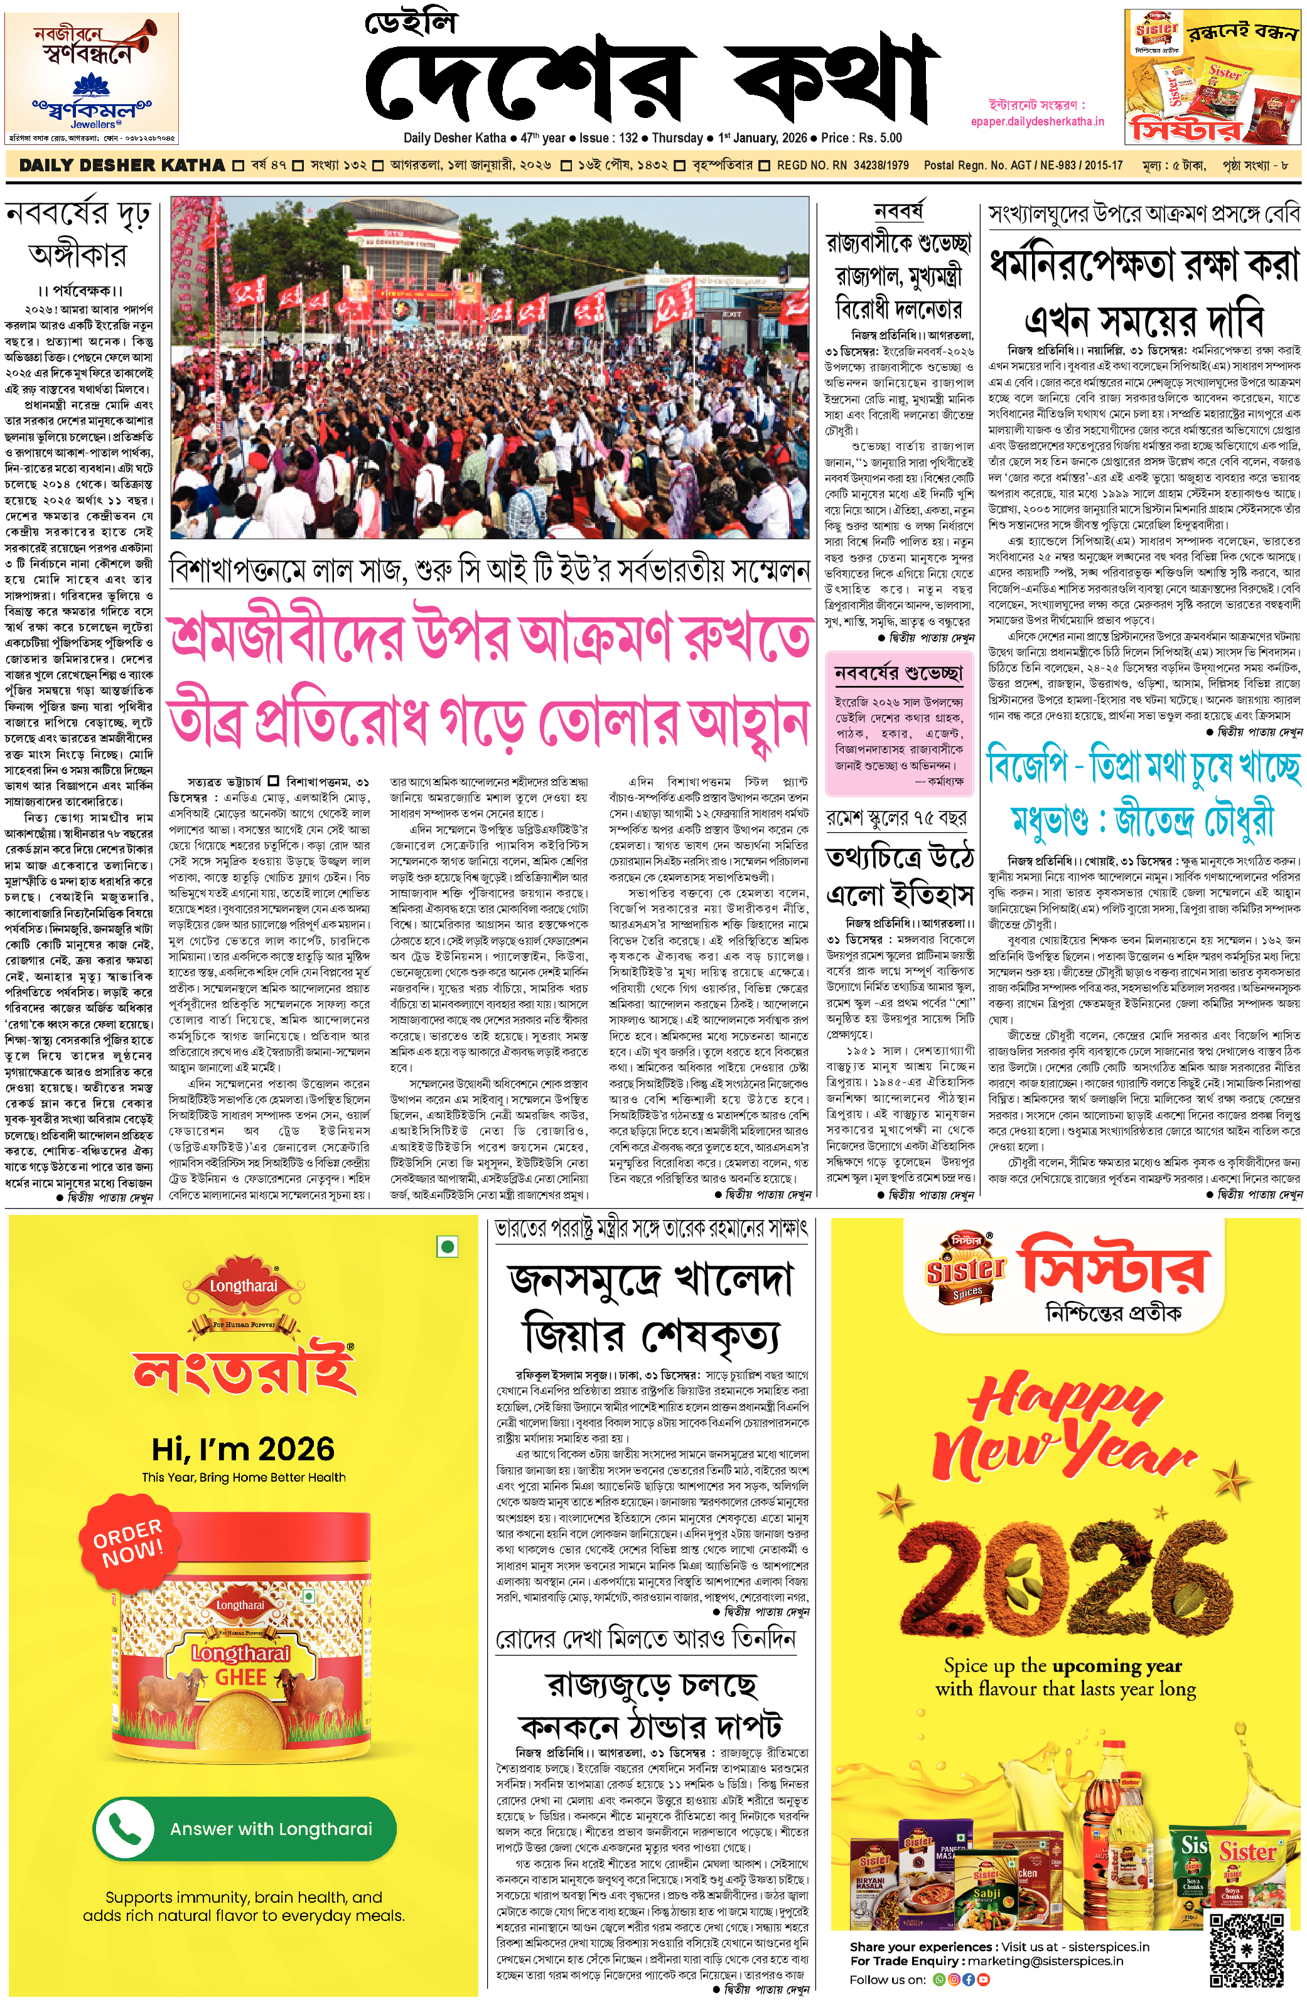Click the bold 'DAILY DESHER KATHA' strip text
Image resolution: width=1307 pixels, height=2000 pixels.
point(122,166)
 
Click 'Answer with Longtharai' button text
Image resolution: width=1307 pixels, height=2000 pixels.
point(271,1829)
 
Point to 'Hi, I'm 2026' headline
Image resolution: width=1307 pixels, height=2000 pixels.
point(243,1450)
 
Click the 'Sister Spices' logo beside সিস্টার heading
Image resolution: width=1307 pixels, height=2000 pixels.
point(965,1270)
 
